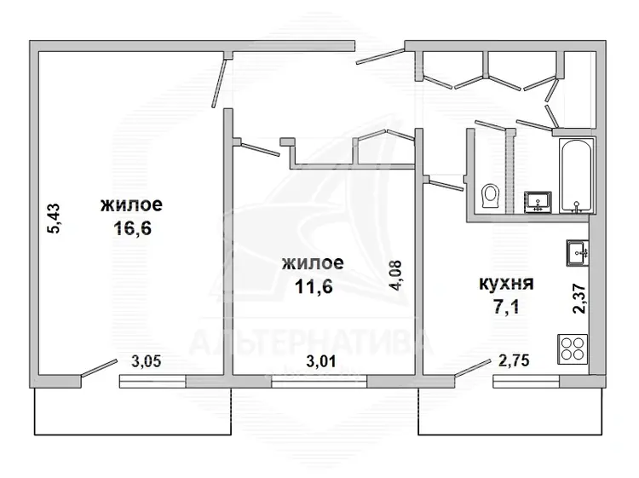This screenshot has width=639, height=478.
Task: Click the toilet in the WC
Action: point(490,197)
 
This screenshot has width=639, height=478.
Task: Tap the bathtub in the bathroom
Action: point(576,176)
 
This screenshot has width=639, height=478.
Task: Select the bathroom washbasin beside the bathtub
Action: point(538,202)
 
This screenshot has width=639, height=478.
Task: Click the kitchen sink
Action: point(578,253)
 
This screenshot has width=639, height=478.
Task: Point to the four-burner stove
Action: point(573,349)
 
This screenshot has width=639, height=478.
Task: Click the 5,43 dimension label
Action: point(54,218)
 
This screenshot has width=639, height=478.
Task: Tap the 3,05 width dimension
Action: point(147,361)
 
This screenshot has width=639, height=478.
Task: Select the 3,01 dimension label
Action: point(321,361)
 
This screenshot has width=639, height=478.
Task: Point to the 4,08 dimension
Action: point(395,275)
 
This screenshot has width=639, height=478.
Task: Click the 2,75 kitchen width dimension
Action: point(514,360)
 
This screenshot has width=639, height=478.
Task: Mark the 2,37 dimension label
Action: point(579,299)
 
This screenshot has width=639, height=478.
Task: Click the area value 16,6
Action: point(132,227)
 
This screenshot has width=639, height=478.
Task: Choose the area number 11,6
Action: point(314,286)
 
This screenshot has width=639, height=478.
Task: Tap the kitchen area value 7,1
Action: point(506,307)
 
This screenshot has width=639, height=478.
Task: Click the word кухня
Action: point(506,284)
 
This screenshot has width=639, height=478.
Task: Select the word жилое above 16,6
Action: point(131,204)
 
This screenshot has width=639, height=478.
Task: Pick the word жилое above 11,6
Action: point(313,263)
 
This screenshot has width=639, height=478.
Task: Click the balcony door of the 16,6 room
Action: point(99,369)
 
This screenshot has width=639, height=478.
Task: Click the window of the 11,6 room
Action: point(319,382)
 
